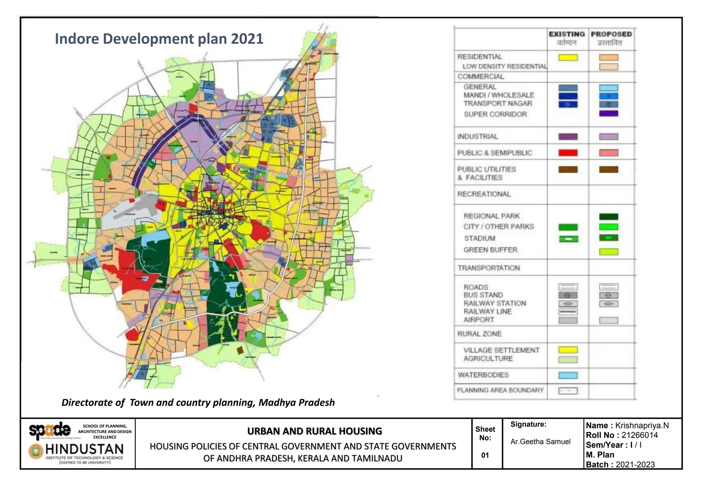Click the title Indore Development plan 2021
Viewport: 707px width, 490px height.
click(x=159, y=39)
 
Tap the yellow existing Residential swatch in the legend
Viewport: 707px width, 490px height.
click(x=568, y=58)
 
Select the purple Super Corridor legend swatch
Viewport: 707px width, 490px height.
click(x=609, y=113)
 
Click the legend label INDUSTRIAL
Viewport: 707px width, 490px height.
click(x=477, y=136)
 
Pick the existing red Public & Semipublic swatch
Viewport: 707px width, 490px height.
click(x=568, y=153)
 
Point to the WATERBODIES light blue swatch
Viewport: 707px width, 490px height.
click(x=568, y=375)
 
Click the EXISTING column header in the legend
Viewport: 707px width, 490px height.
click(x=567, y=34)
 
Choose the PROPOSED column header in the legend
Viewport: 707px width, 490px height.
click(x=611, y=34)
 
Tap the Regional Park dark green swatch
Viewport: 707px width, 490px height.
click(x=609, y=217)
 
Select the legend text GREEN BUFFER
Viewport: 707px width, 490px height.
click(x=490, y=249)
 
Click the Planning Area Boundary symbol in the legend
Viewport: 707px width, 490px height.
click(x=568, y=391)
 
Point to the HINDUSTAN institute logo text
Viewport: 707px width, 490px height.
click(x=84, y=449)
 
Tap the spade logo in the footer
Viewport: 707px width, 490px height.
click(x=50, y=430)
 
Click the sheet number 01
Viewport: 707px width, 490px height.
click(x=485, y=455)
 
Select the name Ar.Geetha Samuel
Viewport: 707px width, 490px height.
click(x=540, y=442)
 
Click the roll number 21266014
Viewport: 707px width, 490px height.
click(x=639, y=435)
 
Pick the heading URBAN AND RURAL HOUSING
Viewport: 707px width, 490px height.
click(x=314, y=431)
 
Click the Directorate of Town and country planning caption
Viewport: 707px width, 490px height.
click(x=198, y=403)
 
